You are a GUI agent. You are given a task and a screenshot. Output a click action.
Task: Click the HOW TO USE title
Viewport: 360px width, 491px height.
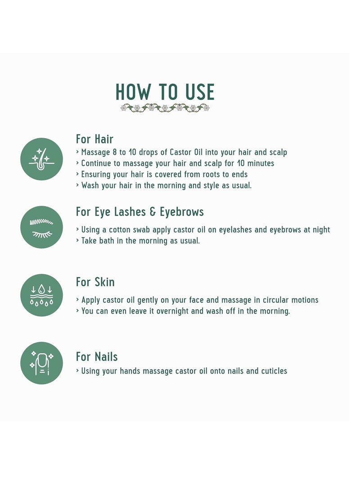pyautogui.click(x=165, y=92)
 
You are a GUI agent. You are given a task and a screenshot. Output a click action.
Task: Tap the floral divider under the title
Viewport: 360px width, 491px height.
pyautogui.click(x=165, y=108)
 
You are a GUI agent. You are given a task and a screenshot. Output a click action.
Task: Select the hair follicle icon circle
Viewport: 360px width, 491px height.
pyautogui.click(x=42, y=159)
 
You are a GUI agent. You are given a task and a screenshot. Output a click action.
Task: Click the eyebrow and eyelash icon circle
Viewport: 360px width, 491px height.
pyautogui.click(x=42, y=227)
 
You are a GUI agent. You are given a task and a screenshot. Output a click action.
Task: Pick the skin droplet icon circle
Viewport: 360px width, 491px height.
pyautogui.click(x=42, y=295)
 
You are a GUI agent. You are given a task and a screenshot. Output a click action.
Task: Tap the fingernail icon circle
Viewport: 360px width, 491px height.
pyautogui.click(x=42, y=363)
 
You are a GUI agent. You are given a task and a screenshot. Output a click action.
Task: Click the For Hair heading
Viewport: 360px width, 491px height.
pyautogui.click(x=94, y=139)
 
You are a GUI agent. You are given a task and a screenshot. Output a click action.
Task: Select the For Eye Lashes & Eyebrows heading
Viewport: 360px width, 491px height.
pyautogui.click(x=139, y=212)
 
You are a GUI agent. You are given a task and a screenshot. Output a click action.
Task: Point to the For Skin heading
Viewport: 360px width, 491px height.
pyautogui.click(x=95, y=282)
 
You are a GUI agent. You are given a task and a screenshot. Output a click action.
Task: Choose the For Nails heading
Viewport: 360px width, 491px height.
pyautogui.click(x=97, y=357)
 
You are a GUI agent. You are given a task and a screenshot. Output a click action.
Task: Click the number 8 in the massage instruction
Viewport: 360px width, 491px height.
pyautogui.click(x=115, y=152)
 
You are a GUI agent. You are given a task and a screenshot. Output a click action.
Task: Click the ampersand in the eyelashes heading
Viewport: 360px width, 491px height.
pyautogui.click(x=153, y=212)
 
